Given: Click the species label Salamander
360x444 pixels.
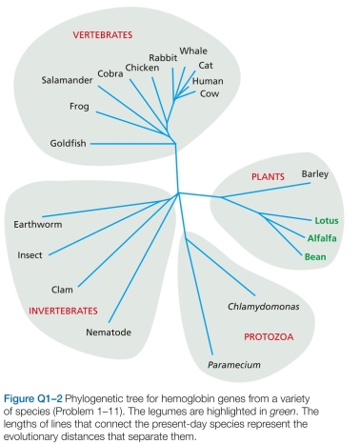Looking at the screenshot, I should (67, 80).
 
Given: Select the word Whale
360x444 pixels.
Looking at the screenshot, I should (193, 50).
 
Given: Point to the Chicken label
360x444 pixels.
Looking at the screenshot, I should (142, 68).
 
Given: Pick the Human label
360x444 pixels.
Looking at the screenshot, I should (208, 81).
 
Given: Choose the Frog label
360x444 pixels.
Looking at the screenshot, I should (80, 107).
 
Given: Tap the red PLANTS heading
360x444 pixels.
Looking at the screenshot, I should (268, 178).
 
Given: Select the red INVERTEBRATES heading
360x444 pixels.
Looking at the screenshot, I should (59, 311).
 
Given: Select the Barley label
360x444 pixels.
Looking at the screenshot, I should (314, 173).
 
